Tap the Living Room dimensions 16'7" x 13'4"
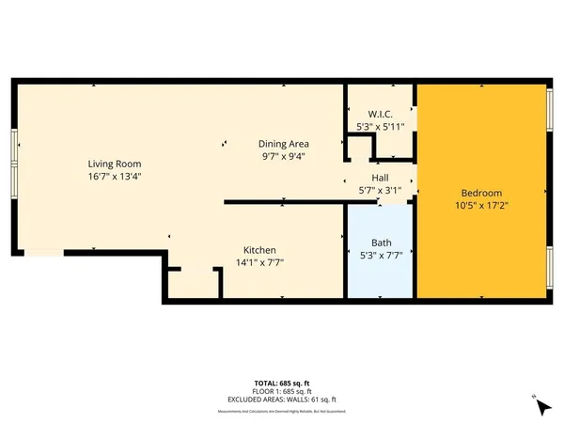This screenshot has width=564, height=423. click(115, 176)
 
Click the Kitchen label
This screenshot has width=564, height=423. click(259, 249)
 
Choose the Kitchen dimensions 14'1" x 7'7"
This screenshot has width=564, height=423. click(259, 262)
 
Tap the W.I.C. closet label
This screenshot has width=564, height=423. click(381, 113)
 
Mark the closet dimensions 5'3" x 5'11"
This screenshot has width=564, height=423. click(381, 126)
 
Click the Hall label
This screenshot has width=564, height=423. click(380, 178)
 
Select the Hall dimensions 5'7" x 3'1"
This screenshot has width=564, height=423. click(380, 190)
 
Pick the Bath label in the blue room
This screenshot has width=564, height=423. click(380, 242)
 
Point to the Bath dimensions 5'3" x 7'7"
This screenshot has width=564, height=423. click(380, 255)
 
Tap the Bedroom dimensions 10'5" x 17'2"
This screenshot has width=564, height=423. click(480, 201)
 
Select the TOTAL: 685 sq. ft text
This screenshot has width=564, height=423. click(282, 384)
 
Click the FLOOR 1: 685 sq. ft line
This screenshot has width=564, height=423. click(282, 391)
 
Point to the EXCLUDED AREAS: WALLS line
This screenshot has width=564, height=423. click(282, 399)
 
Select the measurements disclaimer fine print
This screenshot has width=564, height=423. click(282, 411)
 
